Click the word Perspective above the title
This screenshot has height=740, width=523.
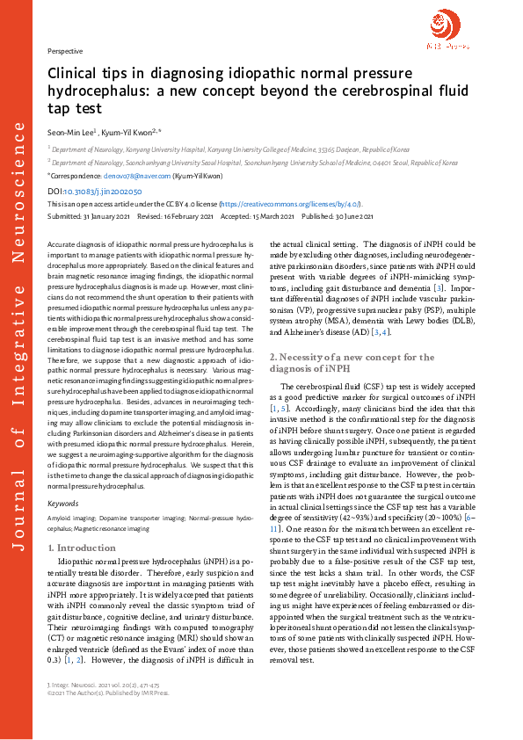click(x=64, y=52)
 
